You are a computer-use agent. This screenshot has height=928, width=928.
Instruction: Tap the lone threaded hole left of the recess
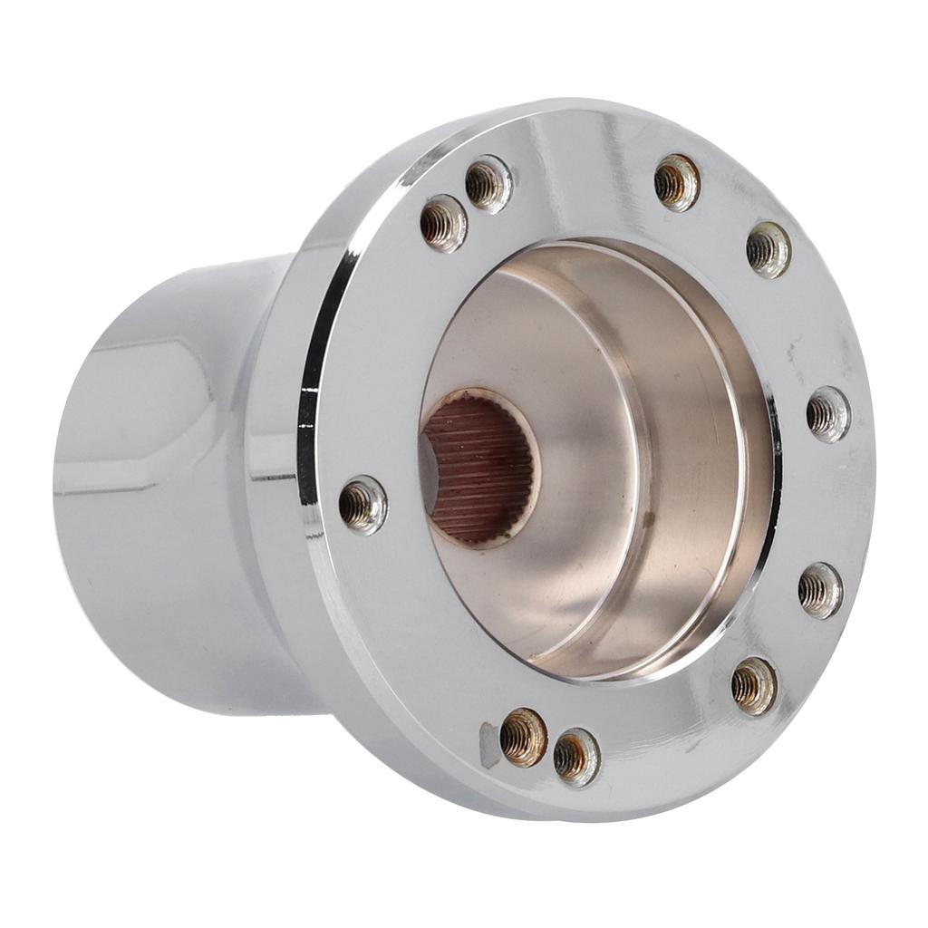tap(363, 505)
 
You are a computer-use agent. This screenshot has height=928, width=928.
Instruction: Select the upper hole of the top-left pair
tap(488, 184)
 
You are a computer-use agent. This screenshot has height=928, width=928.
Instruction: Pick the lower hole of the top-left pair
tap(444, 223)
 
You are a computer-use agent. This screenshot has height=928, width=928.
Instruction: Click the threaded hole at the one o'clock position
tap(677, 182)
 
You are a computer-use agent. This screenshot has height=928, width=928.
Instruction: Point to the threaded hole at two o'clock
tap(768, 249)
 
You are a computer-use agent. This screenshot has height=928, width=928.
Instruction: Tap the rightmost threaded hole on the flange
tap(828, 414)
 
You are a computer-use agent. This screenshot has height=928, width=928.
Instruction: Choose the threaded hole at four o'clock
tap(820, 590)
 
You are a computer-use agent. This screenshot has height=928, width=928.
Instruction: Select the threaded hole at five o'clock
tap(754, 686)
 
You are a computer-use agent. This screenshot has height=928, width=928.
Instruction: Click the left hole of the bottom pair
tap(524, 737)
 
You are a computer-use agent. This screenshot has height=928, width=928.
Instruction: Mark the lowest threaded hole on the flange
tap(576, 757)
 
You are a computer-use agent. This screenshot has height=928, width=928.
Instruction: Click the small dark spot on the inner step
tap(649, 520)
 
